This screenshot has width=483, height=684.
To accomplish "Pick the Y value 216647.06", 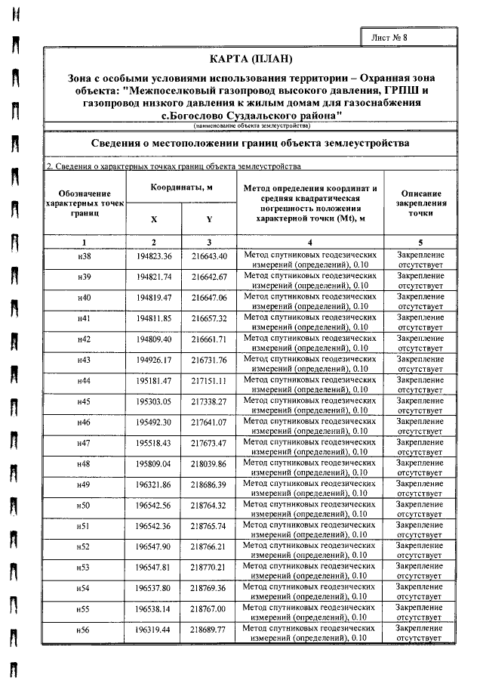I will pyautogui.click(x=209, y=298).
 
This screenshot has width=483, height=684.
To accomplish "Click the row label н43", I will pyautogui.click(x=85, y=360).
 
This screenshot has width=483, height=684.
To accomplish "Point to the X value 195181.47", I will pyautogui.click(x=154, y=380).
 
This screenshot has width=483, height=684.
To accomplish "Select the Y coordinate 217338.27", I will pyautogui.click(x=209, y=401).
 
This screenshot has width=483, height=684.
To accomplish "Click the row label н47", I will pyautogui.click(x=85, y=442).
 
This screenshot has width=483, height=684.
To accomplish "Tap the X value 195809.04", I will pyautogui.click(x=154, y=463).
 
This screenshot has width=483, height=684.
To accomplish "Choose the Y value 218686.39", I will pyautogui.click(x=209, y=483).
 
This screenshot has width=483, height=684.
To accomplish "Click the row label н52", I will pyautogui.click(x=85, y=545).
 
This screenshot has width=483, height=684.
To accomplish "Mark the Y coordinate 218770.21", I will pyautogui.click(x=209, y=565).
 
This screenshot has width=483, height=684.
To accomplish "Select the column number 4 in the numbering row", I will pyautogui.click(x=310, y=242).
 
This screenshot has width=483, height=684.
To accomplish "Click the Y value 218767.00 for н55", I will pyautogui.click(x=209, y=607).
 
